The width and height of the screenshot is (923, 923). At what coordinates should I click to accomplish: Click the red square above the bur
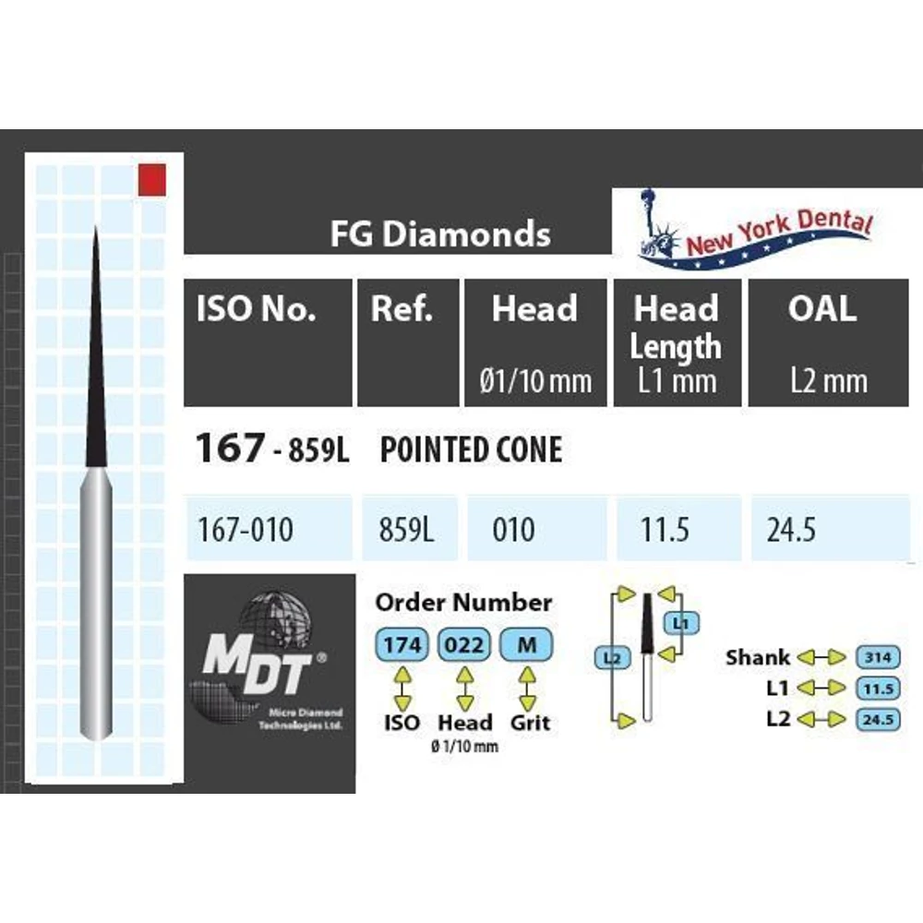coord(151,179)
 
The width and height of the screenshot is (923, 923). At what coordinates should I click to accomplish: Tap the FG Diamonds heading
coord(440,234)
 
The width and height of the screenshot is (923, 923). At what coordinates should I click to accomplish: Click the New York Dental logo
coord(756,230)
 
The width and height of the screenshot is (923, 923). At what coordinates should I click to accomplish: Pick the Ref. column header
coord(402,310)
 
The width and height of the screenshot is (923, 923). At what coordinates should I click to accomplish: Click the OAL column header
coord(821,310)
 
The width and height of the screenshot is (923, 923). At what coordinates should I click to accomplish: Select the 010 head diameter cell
coord(513,530)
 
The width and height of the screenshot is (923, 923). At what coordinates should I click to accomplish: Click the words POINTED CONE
coord(471,450)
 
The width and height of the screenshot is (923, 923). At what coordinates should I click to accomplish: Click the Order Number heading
coord(463,603)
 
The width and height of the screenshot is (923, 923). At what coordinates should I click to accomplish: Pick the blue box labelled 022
coord(463,645)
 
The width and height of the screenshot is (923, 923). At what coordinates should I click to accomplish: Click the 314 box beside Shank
coord(878,657)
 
